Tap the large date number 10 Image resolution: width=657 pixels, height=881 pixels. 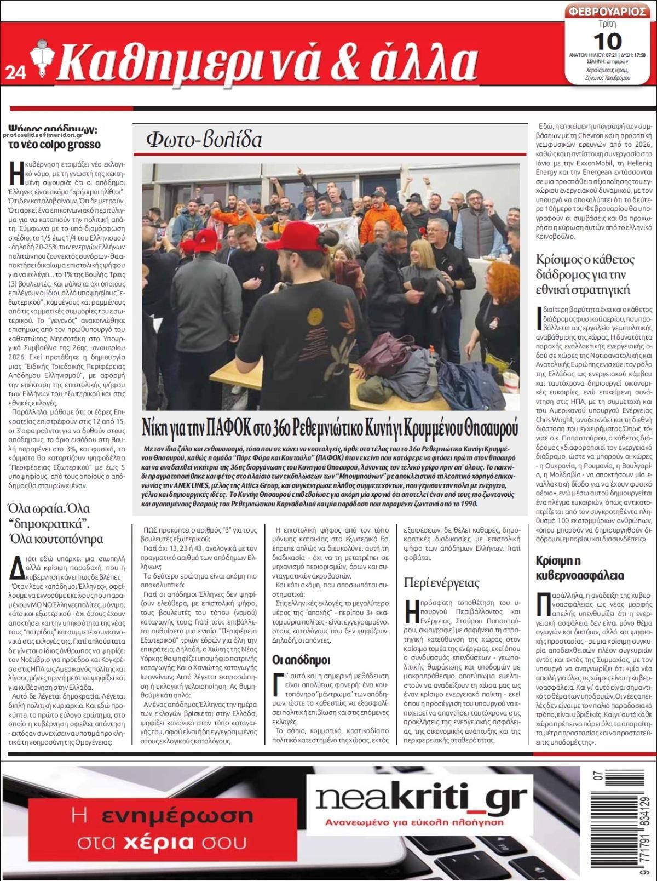click(607, 41)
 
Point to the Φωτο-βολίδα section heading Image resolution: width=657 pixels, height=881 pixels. click(204, 140)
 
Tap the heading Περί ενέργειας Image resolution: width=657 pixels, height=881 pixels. click(441, 582)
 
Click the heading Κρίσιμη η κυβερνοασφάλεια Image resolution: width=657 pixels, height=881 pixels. click(579, 568)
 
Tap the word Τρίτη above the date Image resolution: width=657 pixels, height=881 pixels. click(607, 24)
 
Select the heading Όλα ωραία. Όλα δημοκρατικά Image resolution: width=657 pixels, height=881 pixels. click(56, 523)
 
